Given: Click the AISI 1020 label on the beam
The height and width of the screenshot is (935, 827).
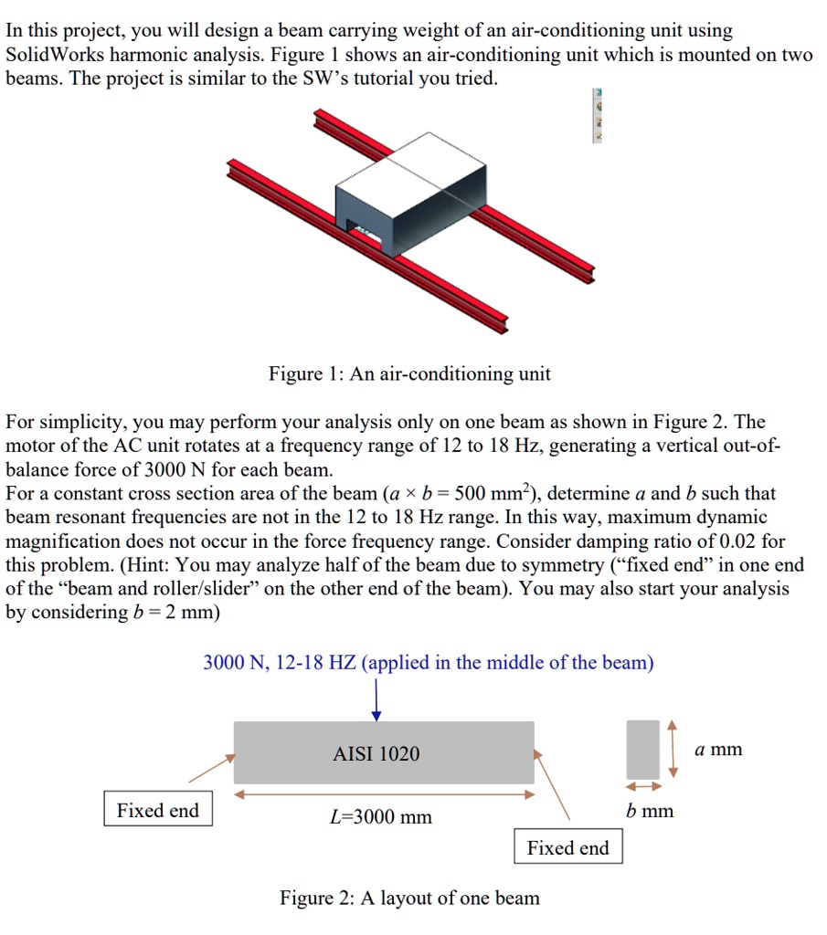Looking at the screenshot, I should pos(376,753).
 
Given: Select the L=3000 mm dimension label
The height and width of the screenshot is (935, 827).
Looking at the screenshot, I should pos(380,816).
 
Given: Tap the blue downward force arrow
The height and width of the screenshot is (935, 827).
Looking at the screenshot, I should pos(376,701).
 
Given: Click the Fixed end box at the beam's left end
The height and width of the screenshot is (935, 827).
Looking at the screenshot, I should pos(158,810).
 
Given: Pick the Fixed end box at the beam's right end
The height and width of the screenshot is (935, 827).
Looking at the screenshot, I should pos(567,847).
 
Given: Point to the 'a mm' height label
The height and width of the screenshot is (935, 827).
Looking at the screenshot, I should pos(718,750).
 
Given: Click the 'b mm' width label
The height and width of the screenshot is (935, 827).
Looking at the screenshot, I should pos(650,811).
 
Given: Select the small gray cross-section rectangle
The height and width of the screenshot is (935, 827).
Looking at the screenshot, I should pos(642,750).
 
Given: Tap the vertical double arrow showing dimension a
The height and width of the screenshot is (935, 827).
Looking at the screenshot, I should pos(673,749).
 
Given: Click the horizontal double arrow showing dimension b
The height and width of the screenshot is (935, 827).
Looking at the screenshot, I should pos(642,786).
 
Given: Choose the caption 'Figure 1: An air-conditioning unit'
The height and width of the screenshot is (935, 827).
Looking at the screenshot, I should pos(409,373).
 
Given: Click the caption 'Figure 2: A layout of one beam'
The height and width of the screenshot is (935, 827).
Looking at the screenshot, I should pos(409,898).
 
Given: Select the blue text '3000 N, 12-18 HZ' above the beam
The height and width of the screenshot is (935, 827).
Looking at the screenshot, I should pos(280,663).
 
